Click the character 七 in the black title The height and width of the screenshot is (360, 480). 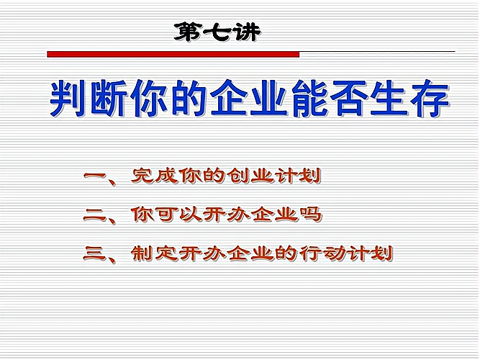(217, 32)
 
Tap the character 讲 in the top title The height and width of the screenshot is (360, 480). (245, 32)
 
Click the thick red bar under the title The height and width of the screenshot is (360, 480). (173, 54)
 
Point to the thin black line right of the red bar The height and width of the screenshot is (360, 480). (377, 51)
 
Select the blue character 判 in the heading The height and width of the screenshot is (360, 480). (68, 99)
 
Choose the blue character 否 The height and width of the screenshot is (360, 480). (349, 99)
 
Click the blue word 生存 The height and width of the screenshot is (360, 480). (409, 99)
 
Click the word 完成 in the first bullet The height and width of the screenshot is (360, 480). (155, 176)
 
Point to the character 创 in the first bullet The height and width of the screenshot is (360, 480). (238, 176)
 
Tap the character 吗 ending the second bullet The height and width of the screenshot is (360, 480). (310, 215)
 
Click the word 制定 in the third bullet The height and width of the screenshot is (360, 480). (155, 253)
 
